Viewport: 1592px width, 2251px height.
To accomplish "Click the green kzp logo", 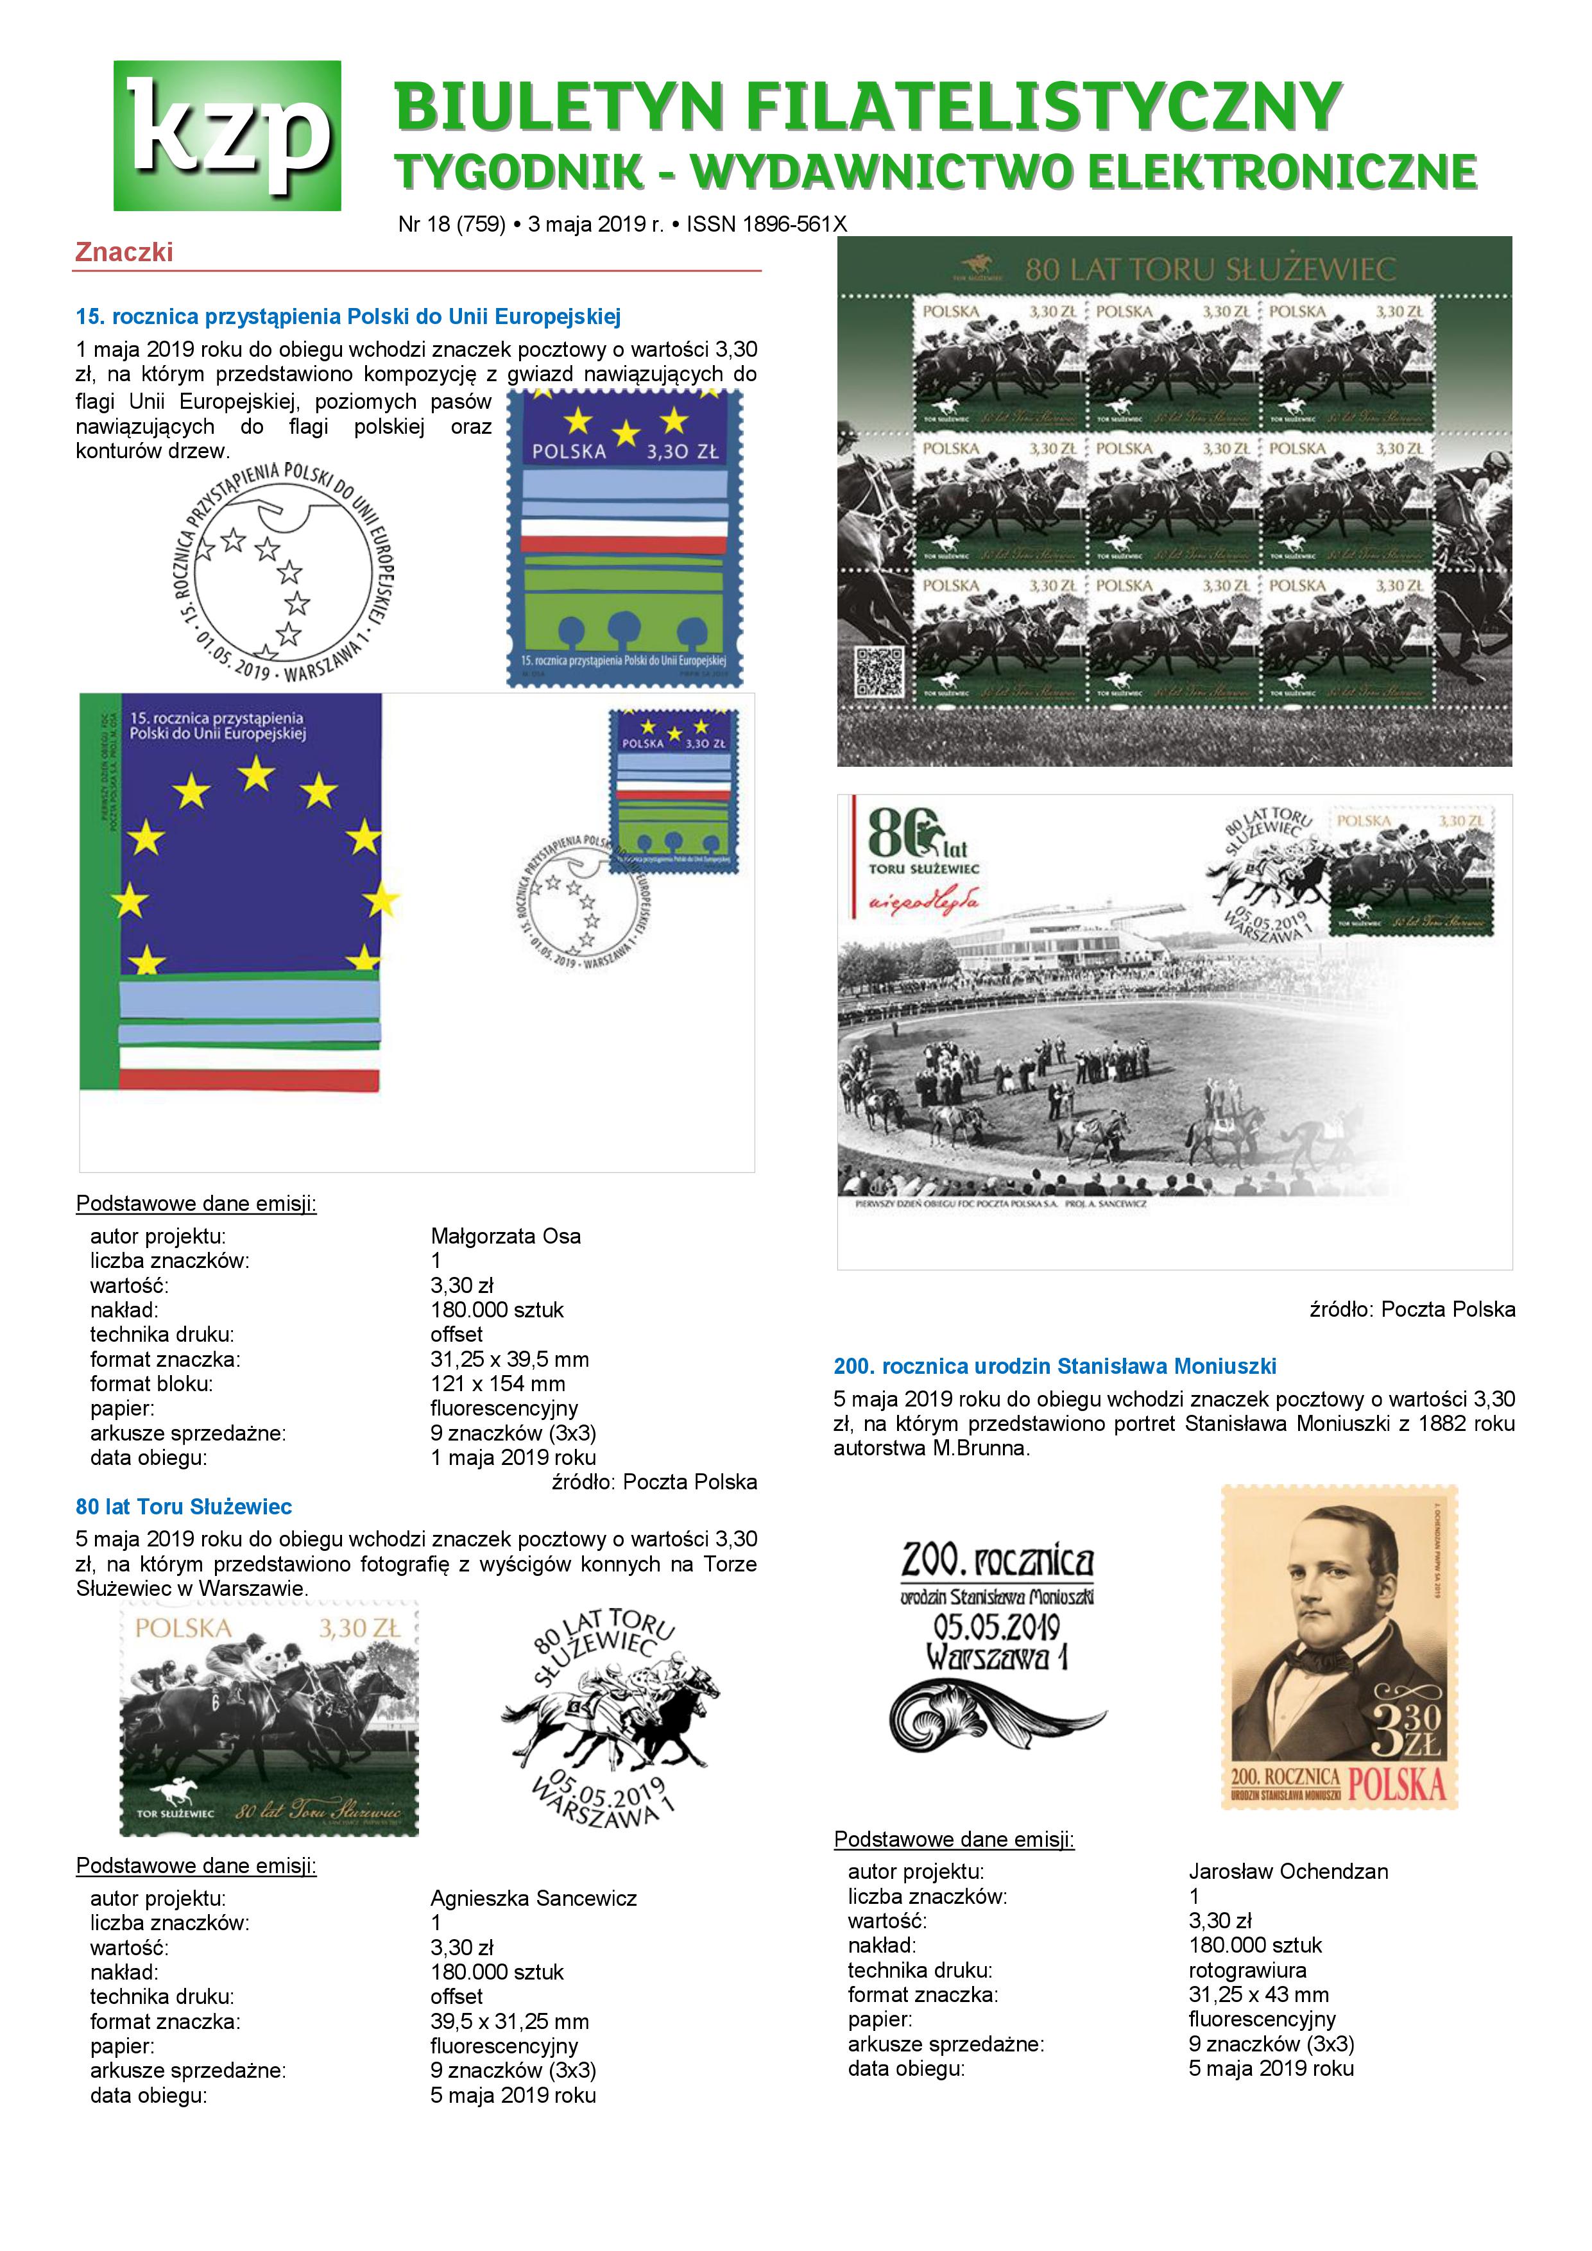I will (227, 135).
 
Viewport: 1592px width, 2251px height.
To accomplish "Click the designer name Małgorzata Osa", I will (505, 1237).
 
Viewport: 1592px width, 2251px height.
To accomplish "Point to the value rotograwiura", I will (1247, 1970).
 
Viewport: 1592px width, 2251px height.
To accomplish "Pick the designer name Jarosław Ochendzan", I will (1288, 1872).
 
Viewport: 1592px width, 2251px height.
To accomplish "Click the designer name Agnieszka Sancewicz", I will (533, 1898).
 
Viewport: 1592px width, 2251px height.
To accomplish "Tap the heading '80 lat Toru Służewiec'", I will (184, 1507).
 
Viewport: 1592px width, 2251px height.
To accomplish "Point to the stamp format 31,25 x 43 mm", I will (1259, 1994).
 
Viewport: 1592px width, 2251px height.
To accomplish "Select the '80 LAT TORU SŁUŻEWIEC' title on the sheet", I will (1210, 269).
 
